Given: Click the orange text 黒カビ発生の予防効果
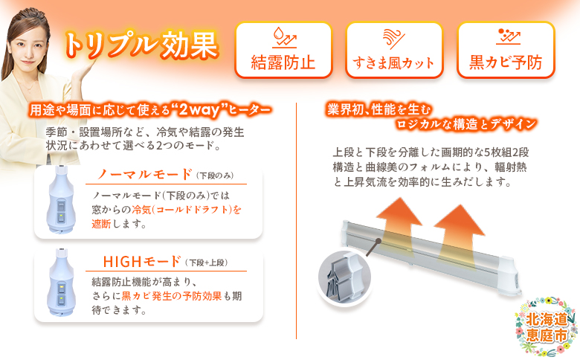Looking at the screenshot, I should pos(178,296).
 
